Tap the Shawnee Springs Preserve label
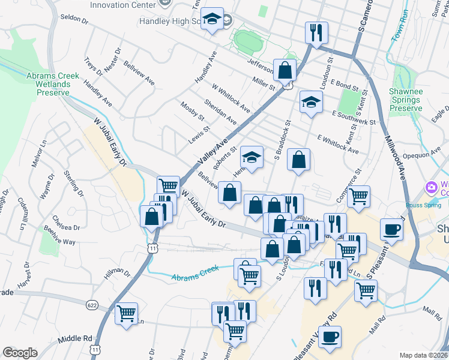[406, 100]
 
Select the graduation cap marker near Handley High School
[212, 20]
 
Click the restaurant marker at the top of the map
[317, 32]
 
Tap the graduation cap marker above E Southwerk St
[311, 103]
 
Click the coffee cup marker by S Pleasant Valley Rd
[391, 229]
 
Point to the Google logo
[20, 353]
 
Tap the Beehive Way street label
[61, 242]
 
